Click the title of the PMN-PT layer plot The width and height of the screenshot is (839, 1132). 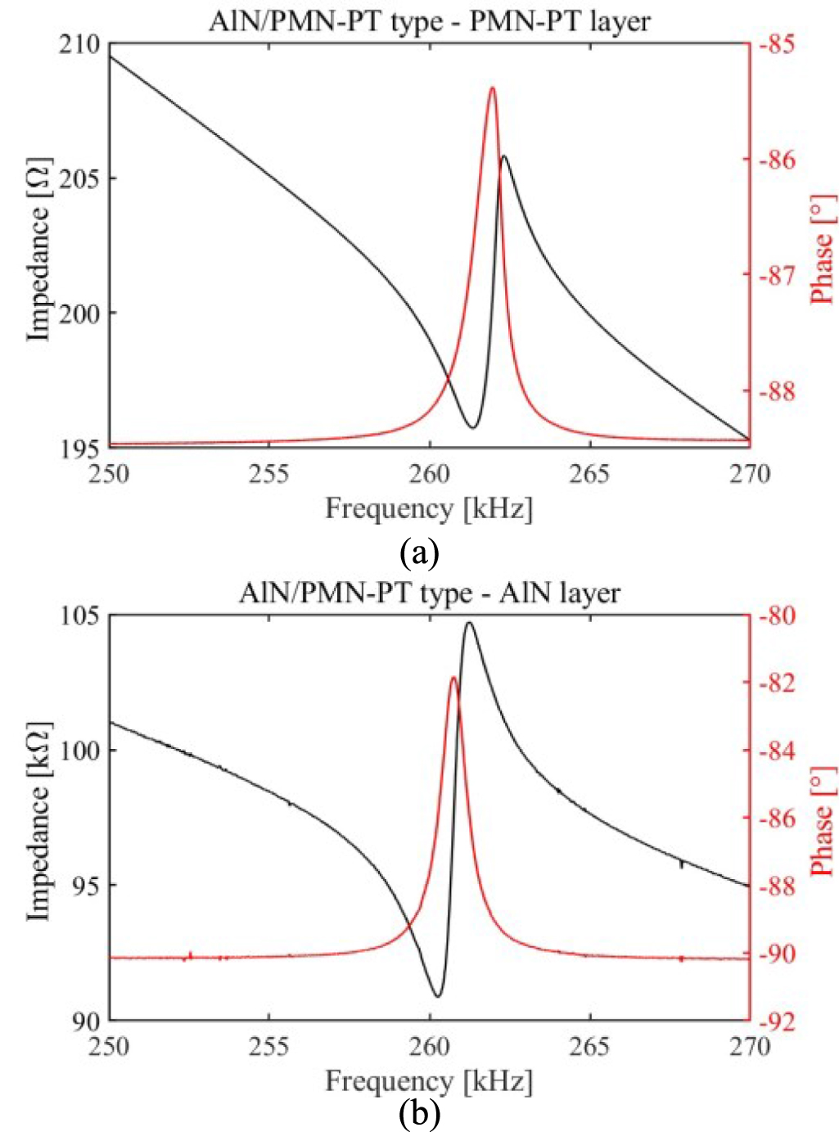(x=429, y=20)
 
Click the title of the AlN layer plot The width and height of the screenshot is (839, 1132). (x=429, y=592)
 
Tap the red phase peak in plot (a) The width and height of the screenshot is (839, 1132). (x=492, y=88)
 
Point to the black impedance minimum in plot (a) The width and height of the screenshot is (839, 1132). (x=471, y=426)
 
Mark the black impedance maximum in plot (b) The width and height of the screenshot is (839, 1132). (x=468, y=623)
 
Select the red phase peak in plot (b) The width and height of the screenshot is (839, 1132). (x=453, y=678)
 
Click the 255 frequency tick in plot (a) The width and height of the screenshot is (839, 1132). (x=269, y=474)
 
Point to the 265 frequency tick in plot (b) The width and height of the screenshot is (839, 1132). (x=589, y=1045)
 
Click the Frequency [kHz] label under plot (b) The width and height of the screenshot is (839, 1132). (x=429, y=1080)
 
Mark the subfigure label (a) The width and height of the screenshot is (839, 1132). (x=420, y=554)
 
